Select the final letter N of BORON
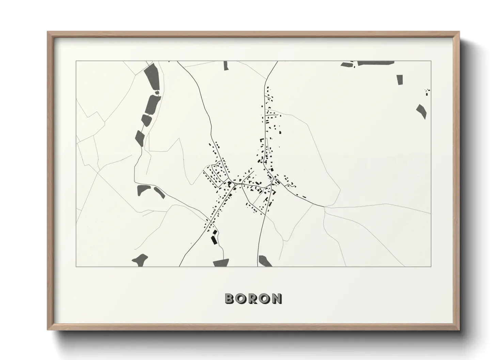[276, 298]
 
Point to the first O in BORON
[241, 298]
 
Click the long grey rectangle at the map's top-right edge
[376, 63]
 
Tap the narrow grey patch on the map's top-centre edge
[225, 66]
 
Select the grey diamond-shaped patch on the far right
[421, 111]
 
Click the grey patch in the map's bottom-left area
[140, 259]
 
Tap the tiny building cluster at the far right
[427, 91]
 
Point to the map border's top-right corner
[431, 61]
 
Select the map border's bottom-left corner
[76, 266]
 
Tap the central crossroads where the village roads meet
[241, 184]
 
